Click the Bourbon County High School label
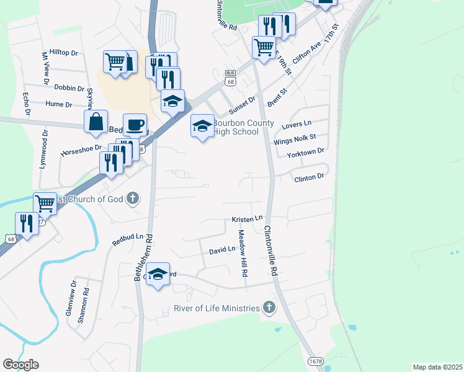(236, 126)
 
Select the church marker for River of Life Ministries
(269, 308)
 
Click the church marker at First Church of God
(132, 198)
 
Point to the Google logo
(20, 365)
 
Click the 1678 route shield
(316, 360)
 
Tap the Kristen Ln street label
(248, 219)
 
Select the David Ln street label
(222, 249)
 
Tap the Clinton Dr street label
(308, 177)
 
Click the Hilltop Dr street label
(64, 54)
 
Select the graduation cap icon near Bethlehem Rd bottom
(158, 273)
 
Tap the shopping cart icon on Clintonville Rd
(264, 46)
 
